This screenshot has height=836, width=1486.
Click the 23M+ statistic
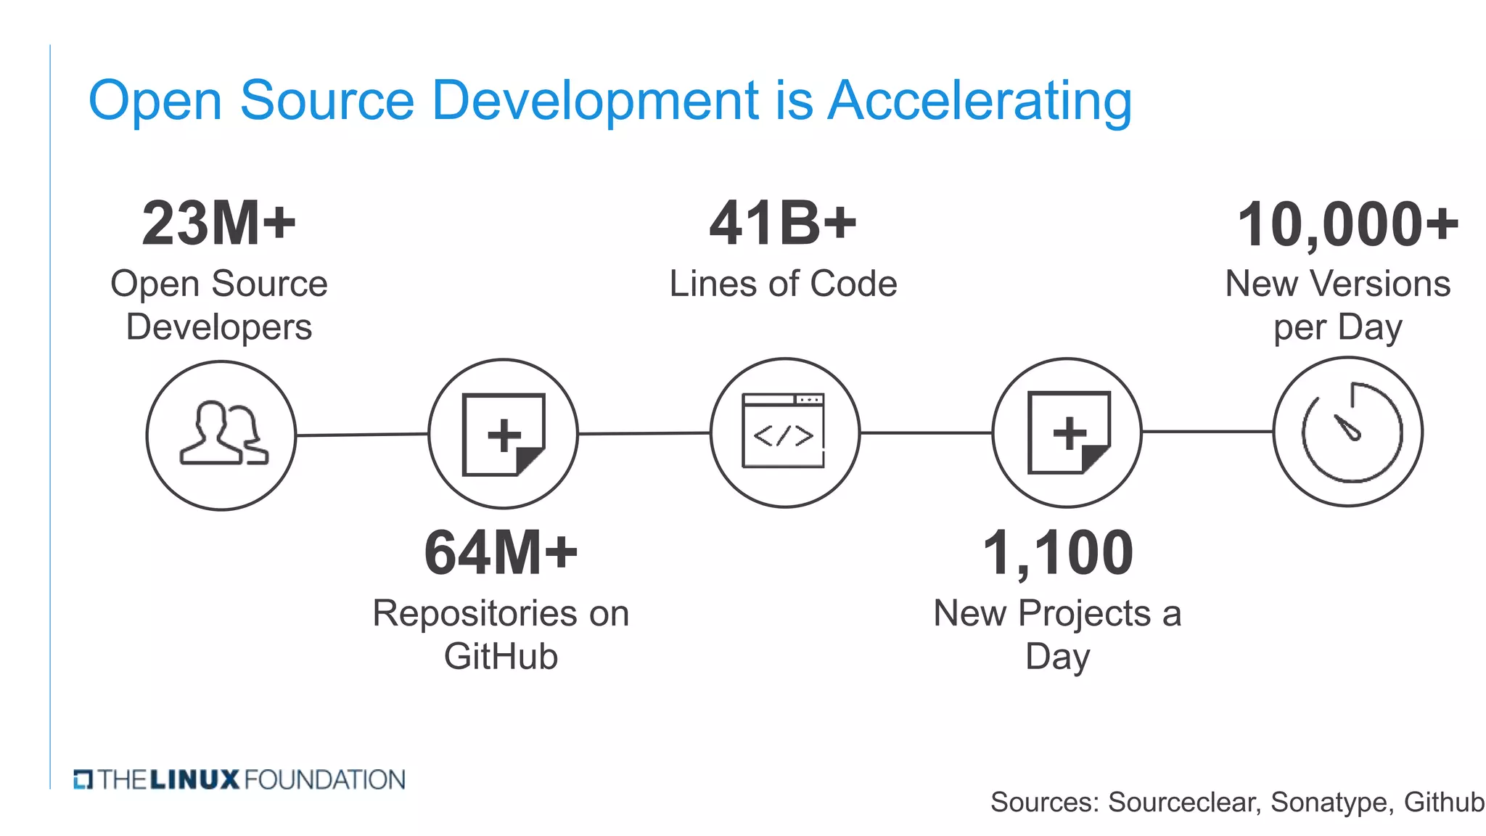pos(219,224)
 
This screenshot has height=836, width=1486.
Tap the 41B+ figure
pos(783,224)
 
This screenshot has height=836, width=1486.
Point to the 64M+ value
pos(501,553)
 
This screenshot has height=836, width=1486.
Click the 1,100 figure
pos(1057,553)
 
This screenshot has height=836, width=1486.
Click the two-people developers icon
pos(223,434)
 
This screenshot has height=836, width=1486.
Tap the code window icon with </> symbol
pos(784,432)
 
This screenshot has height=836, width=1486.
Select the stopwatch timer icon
pos(1349,432)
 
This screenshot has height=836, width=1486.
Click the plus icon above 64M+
pos(504,434)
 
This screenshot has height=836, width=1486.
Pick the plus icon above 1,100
pos(1068,433)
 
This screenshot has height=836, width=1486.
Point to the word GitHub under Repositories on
pos(501,657)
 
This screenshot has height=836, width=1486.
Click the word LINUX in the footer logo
pos(194,780)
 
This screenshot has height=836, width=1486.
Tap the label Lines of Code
pos(783,284)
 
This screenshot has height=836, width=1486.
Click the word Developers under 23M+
pos(219,327)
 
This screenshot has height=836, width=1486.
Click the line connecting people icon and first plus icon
pos(362,435)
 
